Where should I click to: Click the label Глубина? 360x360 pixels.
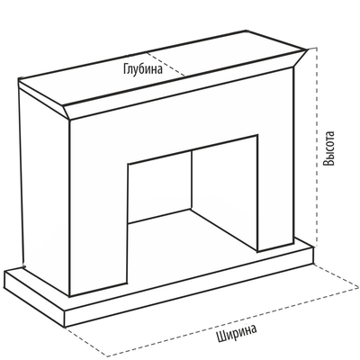click(143, 69)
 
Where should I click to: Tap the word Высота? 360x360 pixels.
click(328, 148)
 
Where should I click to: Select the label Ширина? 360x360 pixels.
click(237, 333)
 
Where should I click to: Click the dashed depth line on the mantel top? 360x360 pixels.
click(166, 64)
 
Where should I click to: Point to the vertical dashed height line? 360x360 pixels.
click(316, 147)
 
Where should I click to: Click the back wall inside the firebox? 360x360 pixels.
click(159, 187)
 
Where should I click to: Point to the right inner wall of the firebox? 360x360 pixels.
click(224, 192)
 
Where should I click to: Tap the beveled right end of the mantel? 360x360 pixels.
click(300, 59)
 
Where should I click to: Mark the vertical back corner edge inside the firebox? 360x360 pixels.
click(192, 180)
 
